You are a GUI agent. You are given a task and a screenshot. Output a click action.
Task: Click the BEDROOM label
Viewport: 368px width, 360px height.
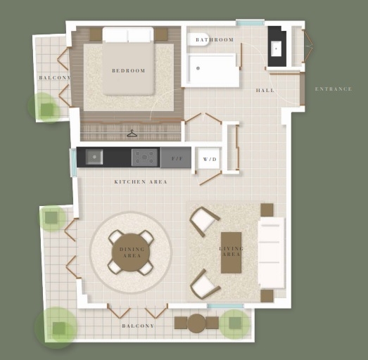[129, 70]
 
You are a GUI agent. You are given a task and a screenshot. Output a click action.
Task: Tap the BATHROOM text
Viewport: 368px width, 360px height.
[215, 40]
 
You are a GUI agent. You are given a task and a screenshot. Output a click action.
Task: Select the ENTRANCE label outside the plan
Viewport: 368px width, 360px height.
[334, 89]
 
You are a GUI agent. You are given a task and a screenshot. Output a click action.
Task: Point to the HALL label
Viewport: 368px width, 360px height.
[265, 91]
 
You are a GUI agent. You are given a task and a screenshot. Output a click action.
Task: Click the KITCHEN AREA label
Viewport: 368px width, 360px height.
[141, 182]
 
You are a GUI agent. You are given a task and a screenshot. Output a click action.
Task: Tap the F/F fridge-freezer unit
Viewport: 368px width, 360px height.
[176, 157]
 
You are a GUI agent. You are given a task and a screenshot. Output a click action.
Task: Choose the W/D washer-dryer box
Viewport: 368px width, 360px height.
[209, 158]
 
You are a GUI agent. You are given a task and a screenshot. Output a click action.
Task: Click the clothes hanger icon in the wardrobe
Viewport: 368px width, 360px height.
[132, 134]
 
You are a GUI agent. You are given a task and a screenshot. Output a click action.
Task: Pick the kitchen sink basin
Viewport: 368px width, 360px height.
[94, 157]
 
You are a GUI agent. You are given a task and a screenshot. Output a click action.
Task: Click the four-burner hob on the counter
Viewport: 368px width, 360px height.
[144, 157]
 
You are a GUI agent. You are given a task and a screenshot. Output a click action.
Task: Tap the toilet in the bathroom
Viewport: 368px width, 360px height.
[197, 39]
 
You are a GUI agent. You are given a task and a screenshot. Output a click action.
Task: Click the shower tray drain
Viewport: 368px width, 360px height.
[198, 68]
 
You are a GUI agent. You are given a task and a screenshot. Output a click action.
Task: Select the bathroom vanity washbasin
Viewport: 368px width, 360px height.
[277, 49]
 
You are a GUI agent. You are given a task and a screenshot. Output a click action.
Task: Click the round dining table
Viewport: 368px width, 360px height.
[131, 252]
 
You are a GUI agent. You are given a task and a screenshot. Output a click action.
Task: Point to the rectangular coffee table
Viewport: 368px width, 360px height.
[231, 253]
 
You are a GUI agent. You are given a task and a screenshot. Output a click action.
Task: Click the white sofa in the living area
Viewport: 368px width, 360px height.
[272, 252]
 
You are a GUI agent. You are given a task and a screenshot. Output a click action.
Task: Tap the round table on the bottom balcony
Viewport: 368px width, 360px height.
[197, 323]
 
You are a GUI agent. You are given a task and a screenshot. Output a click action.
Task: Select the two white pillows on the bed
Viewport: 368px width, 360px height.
[128, 34]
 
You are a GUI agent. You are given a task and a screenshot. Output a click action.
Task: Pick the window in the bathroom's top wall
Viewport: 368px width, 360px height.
[250, 22]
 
